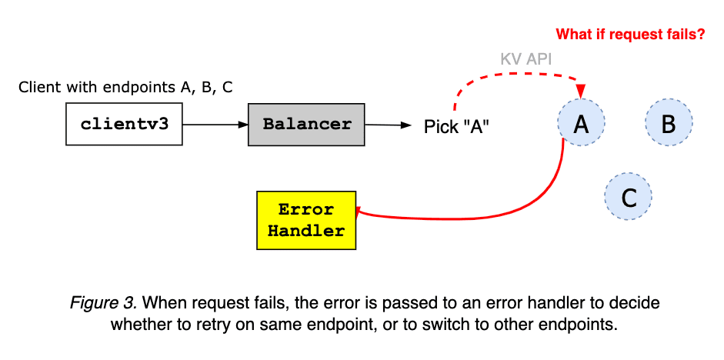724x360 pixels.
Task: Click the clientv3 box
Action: pyautogui.click(x=124, y=124)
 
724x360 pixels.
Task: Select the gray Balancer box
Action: pyautogui.click(x=307, y=124)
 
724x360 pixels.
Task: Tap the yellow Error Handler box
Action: pyautogui.click(x=305, y=220)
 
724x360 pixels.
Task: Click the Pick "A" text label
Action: pyautogui.click(x=457, y=126)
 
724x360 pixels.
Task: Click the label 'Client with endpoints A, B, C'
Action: pyautogui.click(x=125, y=87)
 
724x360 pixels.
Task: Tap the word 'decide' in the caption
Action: pyautogui.click(x=636, y=303)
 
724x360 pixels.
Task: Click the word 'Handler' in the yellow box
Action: pyautogui.click(x=306, y=231)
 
